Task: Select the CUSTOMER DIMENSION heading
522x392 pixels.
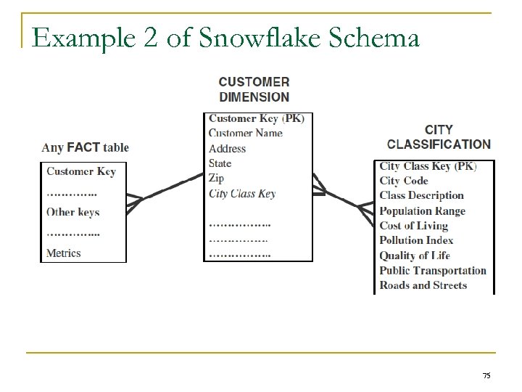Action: click(x=254, y=89)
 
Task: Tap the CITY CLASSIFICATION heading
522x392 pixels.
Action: click(x=439, y=137)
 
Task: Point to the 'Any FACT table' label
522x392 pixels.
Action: click(x=85, y=147)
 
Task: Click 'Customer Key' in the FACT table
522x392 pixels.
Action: click(x=80, y=171)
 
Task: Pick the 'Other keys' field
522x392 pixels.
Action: click(x=72, y=212)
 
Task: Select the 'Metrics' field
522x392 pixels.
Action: click(x=64, y=253)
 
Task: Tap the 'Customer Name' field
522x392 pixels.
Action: click(x=245, y=133)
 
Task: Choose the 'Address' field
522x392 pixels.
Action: click(x=227, y=148)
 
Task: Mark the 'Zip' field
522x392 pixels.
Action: click(x=216, y=178)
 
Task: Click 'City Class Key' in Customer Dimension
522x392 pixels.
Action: click(x=242, y=193)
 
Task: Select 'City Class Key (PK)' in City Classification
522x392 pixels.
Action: click(x=428, y=166)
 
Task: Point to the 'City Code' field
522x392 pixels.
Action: click(x=404, y=181)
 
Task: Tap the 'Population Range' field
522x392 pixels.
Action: click(x=422, y=211)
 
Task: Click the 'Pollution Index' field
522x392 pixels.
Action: click(x=416, y=240)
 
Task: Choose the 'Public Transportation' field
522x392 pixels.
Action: click(x=433, y=271)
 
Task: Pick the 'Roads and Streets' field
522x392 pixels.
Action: click(x=423, y=285)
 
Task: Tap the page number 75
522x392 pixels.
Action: click(x=486, y=375)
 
